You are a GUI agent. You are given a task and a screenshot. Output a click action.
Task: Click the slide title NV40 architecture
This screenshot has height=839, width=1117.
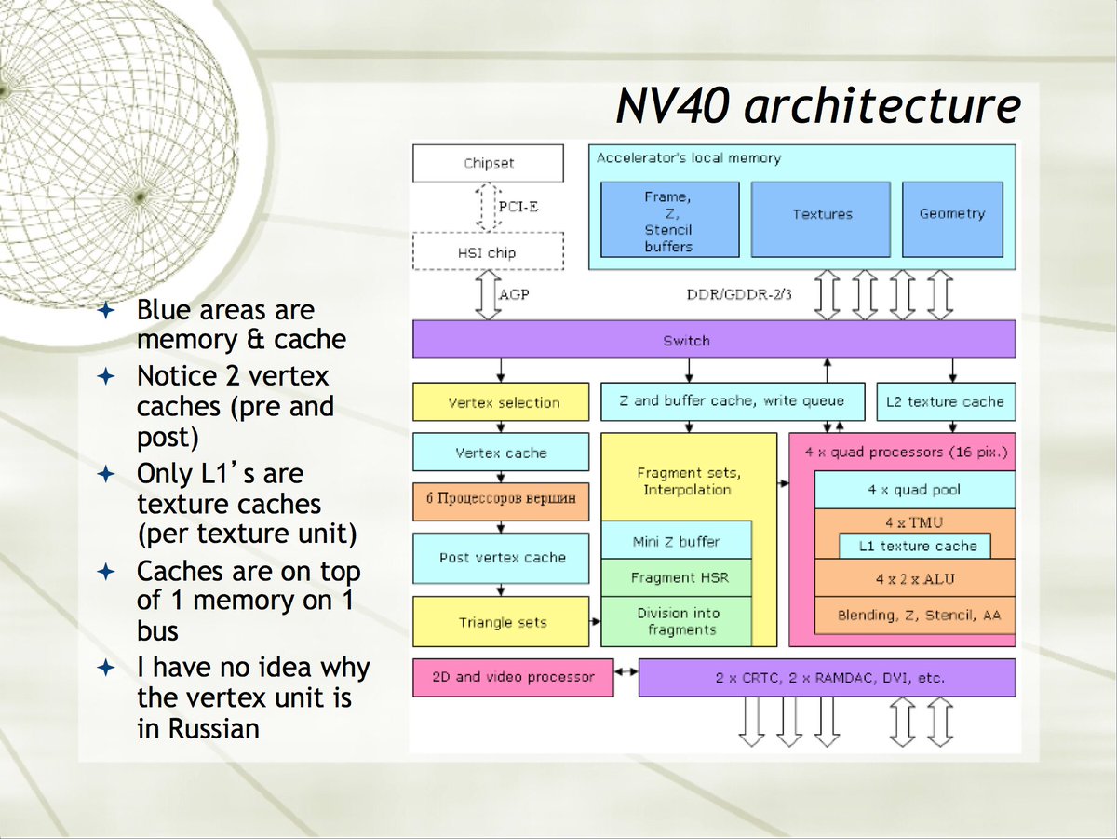click(817, 106)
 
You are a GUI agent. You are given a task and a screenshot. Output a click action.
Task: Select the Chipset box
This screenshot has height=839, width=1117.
click(489, 163)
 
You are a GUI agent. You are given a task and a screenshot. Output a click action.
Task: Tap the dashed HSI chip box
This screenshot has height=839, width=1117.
click(489, 252)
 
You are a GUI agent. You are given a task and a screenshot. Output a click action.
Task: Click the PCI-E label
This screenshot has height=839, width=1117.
click(518, 207)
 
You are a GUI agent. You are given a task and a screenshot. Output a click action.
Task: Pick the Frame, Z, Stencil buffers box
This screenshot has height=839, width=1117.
click(669, 220)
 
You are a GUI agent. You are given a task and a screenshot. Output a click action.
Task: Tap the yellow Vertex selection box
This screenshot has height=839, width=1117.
click(501, 402)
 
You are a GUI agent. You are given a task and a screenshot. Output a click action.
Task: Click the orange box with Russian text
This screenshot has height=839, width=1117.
click(501, 501)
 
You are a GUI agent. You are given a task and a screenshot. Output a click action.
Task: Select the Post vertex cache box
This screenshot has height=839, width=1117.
click(501, 557)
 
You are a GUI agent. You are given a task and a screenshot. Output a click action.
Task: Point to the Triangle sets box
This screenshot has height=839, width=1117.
click(501, 622)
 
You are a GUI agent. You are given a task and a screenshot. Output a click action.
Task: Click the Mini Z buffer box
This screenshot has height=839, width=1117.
click(676, 540)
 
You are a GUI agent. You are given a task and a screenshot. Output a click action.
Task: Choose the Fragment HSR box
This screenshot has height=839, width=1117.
click(676, 577)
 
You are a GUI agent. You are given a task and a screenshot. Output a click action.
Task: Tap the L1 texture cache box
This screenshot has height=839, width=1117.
click(916, 546)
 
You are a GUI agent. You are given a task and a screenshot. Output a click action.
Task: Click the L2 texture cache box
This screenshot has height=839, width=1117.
click(945, 401)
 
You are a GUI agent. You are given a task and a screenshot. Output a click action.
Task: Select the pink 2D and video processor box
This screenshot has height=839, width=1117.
click(513, 677)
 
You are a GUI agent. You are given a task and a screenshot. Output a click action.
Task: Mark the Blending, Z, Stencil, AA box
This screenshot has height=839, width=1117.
click(914, 616)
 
